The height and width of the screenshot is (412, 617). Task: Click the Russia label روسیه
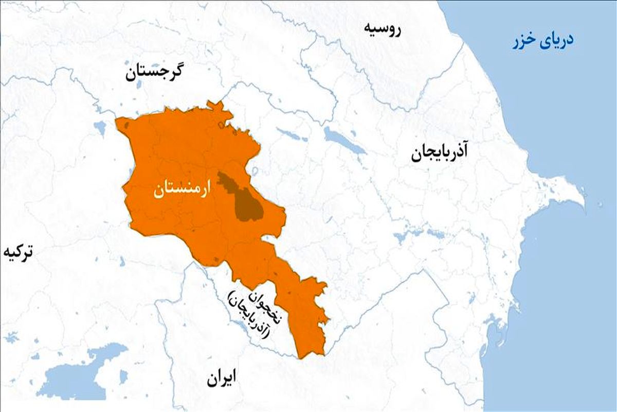click(382, 29)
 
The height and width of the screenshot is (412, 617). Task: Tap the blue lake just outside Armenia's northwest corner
click(100, 127)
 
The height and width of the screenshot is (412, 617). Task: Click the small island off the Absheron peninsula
click(601, 205)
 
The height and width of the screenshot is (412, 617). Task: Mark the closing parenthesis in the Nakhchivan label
click(232, 296)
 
